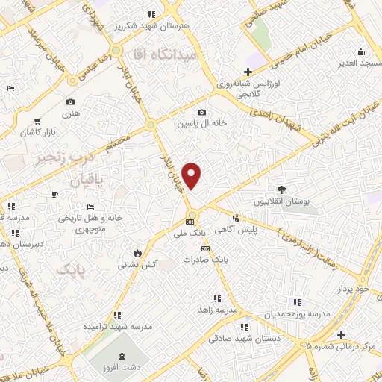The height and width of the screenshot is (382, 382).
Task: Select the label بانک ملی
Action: coord(190,234)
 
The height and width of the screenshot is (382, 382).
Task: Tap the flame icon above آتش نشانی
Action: coord(137,251)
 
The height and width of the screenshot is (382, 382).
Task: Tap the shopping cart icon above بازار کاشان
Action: coord(37,121)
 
